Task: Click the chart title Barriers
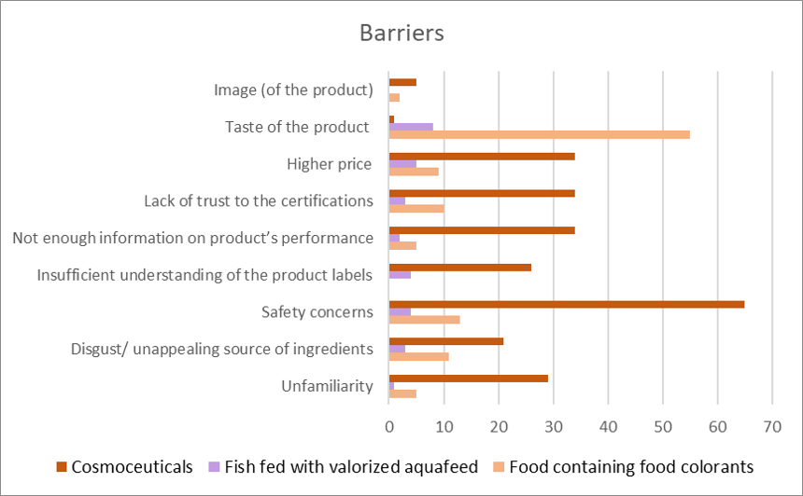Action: (401, 33)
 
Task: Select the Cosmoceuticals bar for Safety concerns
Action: (566, 304)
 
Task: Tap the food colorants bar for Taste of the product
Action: (539, 134)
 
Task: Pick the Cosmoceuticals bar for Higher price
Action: (481, 156)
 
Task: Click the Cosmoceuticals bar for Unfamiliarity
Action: (468, 378)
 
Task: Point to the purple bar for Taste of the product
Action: (411, 126)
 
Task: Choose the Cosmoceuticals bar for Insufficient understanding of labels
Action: (459, 268)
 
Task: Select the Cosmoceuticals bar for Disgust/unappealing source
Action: (446, 341)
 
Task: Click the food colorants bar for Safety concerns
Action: (424, 320)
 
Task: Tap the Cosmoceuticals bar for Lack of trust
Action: (481, 193)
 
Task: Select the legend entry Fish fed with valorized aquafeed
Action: (342, 466)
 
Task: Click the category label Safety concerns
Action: (317, 311)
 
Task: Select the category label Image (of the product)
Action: (293, 90)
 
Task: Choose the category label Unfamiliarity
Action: (327, 386)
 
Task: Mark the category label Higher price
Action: (330, 164)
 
